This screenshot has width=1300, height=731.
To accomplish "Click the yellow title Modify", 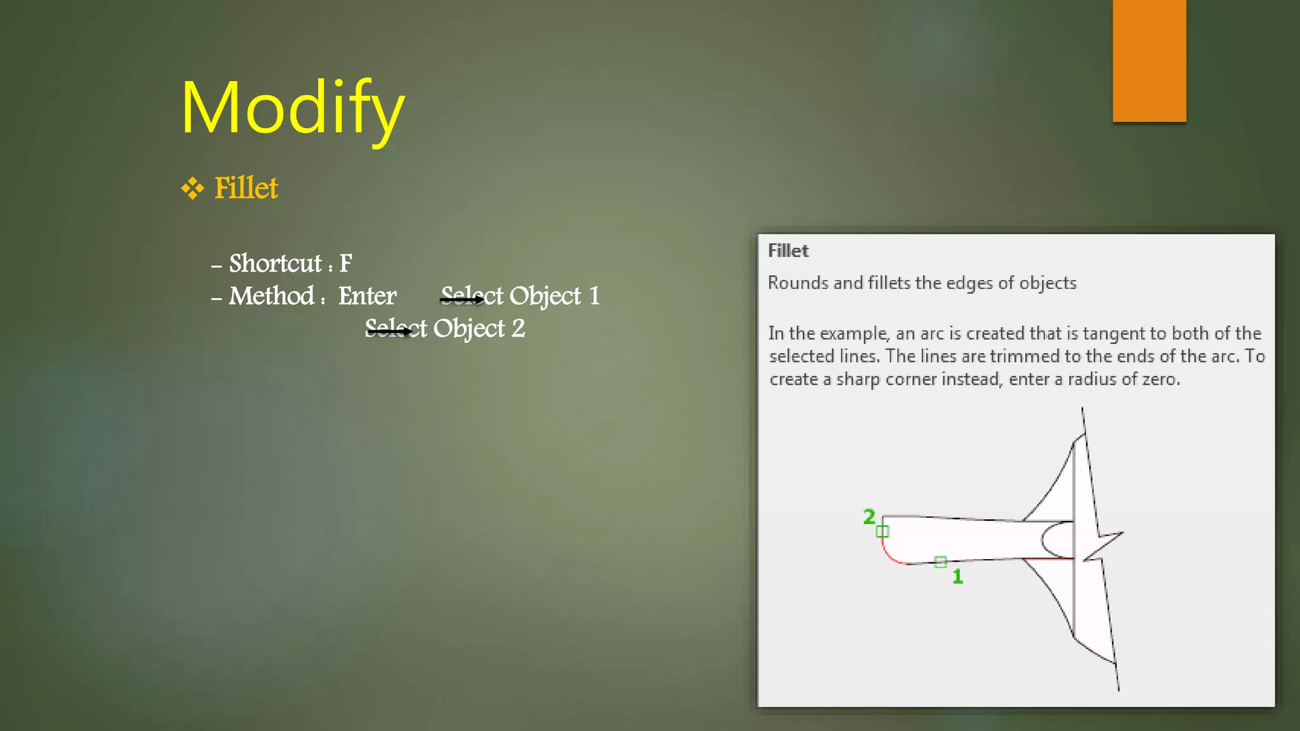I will tap(293, 108).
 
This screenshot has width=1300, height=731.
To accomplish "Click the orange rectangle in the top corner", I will tap(1149, 61).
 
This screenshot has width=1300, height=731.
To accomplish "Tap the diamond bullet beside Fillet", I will tap(192, 188).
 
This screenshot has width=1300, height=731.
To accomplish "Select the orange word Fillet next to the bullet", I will tap(246, 188).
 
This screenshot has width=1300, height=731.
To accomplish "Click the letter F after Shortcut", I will tap(345, 263).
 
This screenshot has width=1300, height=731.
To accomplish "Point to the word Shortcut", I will tap(275, 263).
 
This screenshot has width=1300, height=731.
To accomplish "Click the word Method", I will tap(272, 296).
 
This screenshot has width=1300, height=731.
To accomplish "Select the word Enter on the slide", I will tap(367, 296).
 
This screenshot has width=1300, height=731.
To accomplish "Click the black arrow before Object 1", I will tap(462, 299).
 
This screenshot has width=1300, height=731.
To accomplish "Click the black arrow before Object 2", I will tap(388, 331).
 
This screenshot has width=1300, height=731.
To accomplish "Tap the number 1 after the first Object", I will tap(594, 296).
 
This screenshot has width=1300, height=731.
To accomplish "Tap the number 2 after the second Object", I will tap(518, 329).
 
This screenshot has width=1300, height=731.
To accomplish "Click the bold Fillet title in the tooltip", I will tap(788, 251).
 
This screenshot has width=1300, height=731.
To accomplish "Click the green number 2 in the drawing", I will tap(869, 517).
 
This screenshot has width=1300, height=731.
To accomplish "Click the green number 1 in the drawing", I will tap(958, 577).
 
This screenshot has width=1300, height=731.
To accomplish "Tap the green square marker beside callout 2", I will tap(882, 531).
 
